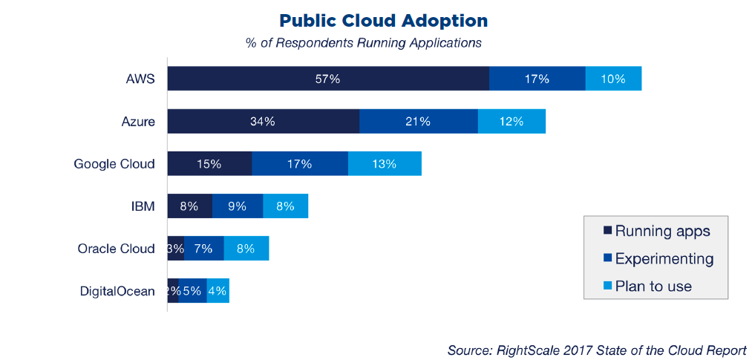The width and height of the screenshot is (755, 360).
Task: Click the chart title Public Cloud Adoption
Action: point(384,20)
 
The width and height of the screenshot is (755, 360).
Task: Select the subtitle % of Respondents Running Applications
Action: point(363,42)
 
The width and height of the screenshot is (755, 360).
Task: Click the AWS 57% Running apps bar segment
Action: point(327,79)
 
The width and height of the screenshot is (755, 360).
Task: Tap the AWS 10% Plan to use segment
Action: point(613,79)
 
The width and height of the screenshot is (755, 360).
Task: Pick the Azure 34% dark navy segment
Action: point(263,122)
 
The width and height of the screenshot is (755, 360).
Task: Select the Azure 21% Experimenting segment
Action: point(418,122)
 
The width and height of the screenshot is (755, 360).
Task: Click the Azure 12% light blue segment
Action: point(511,122)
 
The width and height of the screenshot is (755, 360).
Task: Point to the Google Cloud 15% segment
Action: point(209,164)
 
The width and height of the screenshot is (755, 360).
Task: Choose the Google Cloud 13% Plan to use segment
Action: point(384,164)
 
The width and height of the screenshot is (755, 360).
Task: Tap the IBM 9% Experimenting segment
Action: point(238,206)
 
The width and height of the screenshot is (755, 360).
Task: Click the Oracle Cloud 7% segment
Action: point(203,249)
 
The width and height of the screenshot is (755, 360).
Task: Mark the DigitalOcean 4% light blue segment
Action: point(218,291)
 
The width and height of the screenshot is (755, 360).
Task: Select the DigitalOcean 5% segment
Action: point(192,291)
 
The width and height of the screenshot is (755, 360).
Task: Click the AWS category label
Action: point(140,79)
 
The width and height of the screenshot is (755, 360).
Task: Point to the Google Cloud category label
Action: point(114,164)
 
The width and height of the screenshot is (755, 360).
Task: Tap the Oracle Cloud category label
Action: point(116,249)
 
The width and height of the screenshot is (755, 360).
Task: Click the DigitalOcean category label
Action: point(117,291)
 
